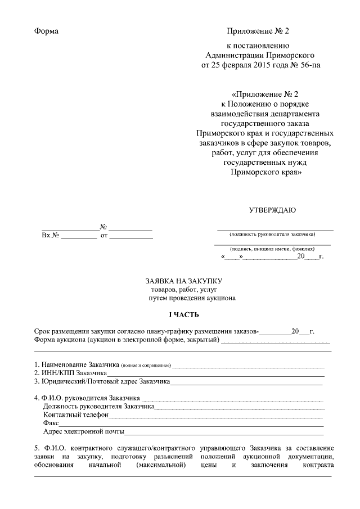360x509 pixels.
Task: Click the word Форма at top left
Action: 46,31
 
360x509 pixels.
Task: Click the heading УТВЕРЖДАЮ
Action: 272,210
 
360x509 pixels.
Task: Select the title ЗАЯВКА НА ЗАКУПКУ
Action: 184,280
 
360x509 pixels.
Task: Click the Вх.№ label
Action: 50,236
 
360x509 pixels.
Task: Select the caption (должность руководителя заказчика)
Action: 272,234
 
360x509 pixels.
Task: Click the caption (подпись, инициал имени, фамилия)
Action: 272,248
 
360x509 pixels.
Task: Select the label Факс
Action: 51,423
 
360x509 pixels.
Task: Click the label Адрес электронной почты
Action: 83,431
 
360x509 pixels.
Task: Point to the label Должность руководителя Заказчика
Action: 98,406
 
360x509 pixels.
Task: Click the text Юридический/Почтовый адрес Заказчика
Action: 102,381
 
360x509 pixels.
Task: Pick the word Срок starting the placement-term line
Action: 43,331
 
